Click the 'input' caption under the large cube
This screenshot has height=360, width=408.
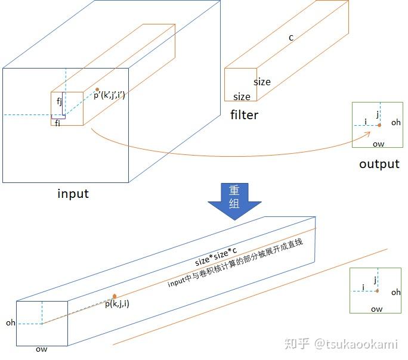(73, 194)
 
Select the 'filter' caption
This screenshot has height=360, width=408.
(244, 114)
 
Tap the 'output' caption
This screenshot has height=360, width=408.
(379, 164)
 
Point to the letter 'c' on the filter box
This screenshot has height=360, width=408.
(291, 38)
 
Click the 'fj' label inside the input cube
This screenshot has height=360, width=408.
(60, 101)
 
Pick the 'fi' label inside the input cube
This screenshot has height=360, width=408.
(57, 123)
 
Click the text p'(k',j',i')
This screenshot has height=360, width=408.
(109, 94)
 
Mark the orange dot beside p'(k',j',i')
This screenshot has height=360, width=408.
(97, 89)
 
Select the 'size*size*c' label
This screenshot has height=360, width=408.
(216, 256)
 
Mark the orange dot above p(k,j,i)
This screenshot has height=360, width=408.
(114, 296)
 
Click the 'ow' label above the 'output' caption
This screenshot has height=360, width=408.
(378, 144)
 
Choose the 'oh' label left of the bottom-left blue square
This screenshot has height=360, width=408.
(10, 322)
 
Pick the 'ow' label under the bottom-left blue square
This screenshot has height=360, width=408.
(41, 349)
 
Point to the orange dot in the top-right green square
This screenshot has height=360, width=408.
(379, 125)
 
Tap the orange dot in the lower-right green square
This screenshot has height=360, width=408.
(377, 291)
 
